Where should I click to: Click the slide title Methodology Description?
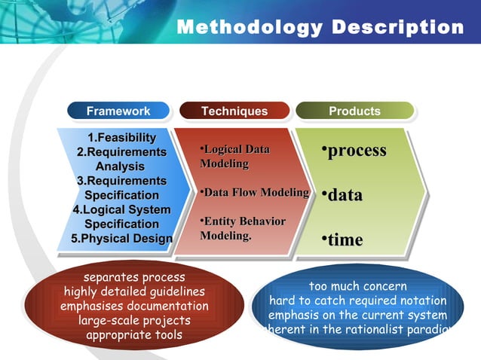click(x=320, y=27)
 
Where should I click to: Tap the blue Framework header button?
click(x=118, y=111)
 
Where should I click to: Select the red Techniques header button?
click(x=234, y=111)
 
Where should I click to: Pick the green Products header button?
click(x=354, y=111)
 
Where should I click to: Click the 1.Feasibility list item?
click(x=122, y=137)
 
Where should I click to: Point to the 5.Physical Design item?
click(x=121, y=239)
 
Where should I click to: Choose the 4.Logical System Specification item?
click(x=121, y=217)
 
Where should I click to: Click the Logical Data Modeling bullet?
click(x=234, y=157)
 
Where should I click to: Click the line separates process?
click(x=134, y=277)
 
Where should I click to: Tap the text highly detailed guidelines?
click(x=134, y=291)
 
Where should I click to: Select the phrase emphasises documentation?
click(x=134, y=306)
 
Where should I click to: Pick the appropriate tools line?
click(x=134, y=334)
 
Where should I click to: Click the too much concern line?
click(x=358, y=286)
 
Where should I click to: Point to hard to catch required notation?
click(x=358, y=301)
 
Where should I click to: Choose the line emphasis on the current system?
click(x=358, y=315)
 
